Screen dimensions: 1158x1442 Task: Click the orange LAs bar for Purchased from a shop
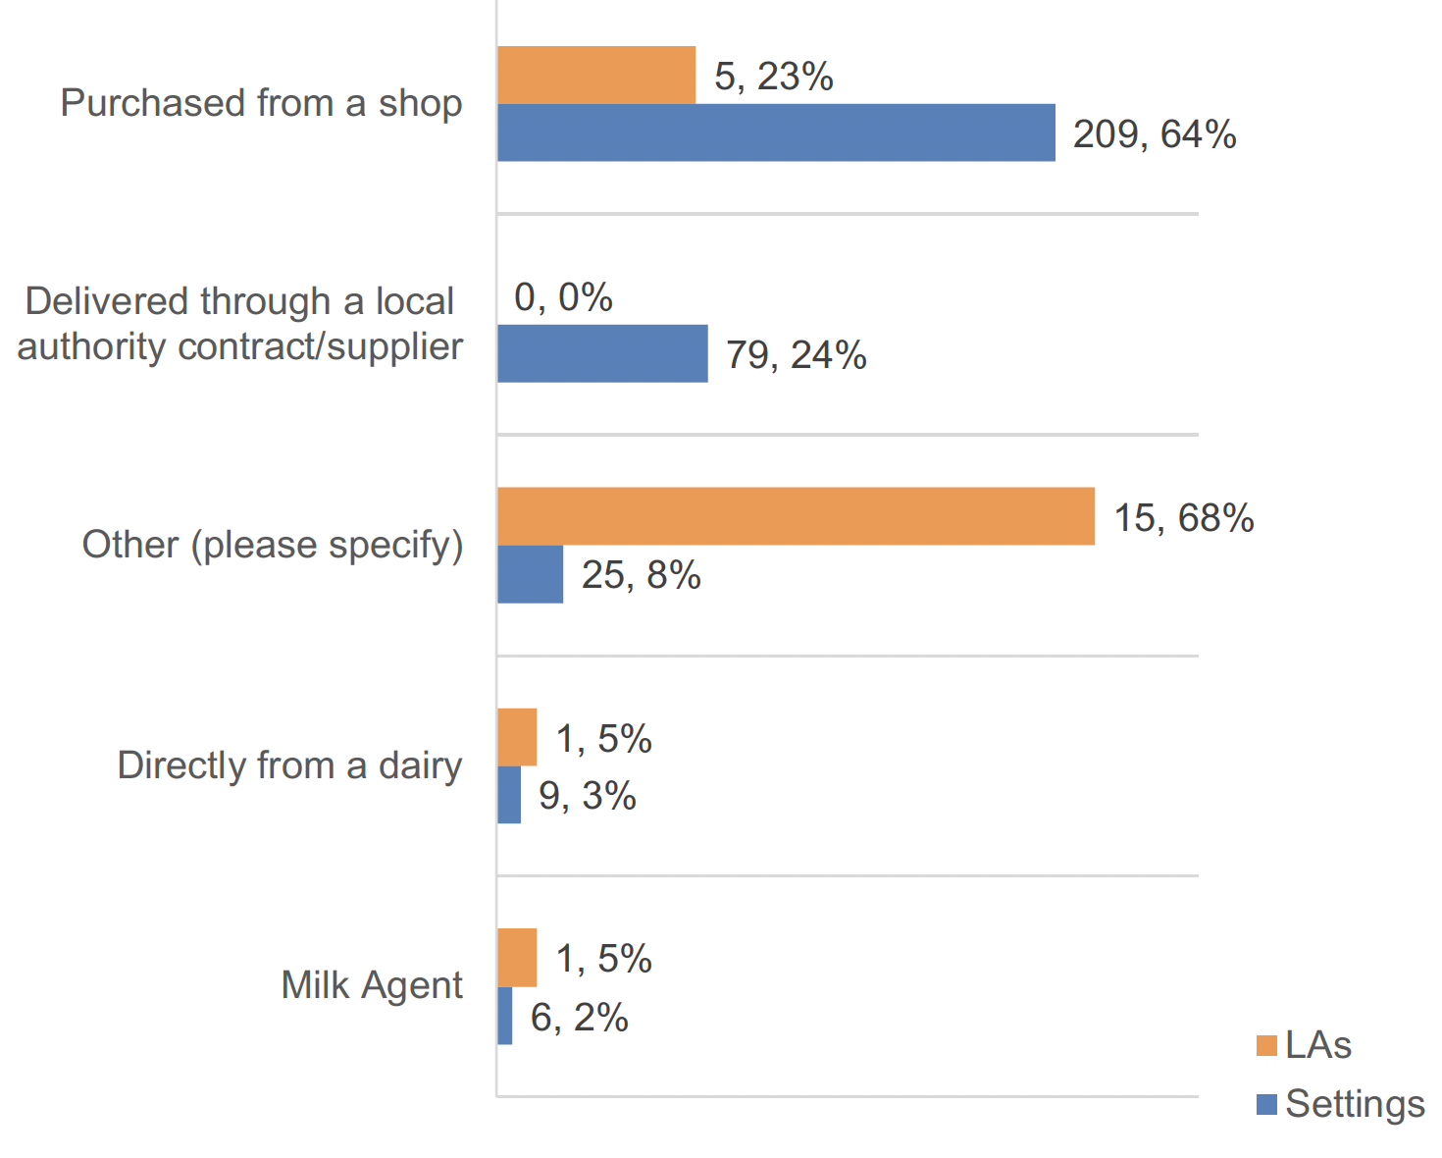coord(596,76)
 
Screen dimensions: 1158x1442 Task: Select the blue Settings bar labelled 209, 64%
coord(776,133)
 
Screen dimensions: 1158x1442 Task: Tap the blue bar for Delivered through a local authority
coord(602,354)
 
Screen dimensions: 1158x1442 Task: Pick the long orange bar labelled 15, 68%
coord(796,516)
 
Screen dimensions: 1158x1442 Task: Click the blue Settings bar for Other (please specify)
coord(531,575)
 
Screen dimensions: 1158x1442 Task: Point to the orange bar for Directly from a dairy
coord(517,737)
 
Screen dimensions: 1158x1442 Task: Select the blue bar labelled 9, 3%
coord(509,795)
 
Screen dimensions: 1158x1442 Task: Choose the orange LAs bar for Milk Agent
coord(517,958)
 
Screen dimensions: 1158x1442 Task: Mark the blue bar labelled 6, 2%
coord(505,1016)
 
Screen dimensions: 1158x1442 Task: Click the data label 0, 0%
coord(563,296)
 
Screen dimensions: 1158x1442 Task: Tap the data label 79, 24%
coord(796,355)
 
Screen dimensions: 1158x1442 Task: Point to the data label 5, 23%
coord(773,77)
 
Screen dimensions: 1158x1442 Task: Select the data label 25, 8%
coord(641,575)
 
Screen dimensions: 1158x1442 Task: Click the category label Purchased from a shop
coord(261,103)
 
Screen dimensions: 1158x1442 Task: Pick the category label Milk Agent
coord(372,985)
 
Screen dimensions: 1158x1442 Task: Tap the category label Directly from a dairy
coord(289,765)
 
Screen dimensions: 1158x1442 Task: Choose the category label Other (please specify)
coord(273,545)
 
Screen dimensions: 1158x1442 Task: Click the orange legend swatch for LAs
coord(1266,1046)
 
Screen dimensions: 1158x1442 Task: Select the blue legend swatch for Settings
coord(1266,1104)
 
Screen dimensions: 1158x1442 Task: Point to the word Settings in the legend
coord(1355,1104)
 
